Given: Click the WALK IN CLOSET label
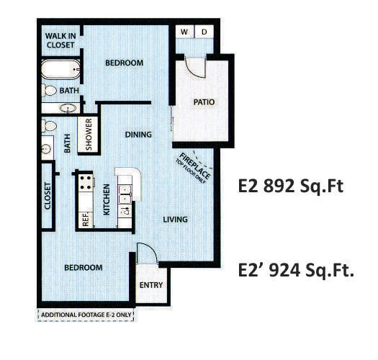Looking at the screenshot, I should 59,40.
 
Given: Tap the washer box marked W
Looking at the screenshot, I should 184,32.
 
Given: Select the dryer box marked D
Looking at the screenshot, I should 204,32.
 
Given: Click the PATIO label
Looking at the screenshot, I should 204,102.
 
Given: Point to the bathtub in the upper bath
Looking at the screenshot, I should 60,71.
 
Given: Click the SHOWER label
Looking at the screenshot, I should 90,135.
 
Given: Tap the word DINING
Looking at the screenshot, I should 138,134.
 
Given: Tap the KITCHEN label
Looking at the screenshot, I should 106,199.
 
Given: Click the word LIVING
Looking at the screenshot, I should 175,220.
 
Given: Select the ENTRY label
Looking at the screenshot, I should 150,285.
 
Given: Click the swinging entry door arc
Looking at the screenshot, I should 146,253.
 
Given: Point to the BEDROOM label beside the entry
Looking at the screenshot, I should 83,267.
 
